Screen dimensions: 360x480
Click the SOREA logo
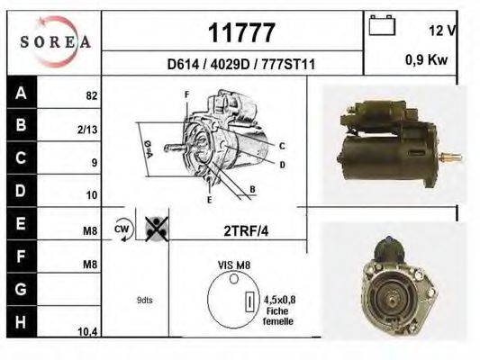point(55,41)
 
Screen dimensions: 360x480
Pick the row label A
point(21,93)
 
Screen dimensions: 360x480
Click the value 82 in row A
point(91,94)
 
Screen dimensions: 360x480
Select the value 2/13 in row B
point(88,130)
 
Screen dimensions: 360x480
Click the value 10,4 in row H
point(87,332)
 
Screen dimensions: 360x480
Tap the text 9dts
point(144,300)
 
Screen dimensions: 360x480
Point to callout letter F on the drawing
point(186,94)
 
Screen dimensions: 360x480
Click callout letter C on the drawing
point(282,146)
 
